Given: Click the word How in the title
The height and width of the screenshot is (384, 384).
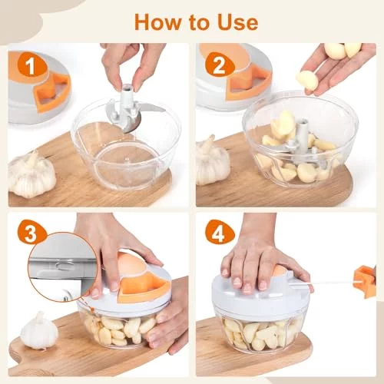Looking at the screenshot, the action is point(157,22).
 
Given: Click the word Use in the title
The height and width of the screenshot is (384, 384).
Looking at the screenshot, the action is point(238,22).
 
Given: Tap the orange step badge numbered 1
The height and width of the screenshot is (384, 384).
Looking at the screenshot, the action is point(31,66).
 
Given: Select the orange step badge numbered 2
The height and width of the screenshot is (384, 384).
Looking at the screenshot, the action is point(219,66).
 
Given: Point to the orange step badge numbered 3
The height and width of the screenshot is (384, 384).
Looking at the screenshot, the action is point(31,233).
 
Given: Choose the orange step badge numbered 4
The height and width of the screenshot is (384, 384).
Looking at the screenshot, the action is point(220,233).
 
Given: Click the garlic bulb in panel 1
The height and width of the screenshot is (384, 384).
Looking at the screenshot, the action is point(31,174).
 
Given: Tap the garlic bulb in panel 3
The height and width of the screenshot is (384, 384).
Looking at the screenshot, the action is point(39,330).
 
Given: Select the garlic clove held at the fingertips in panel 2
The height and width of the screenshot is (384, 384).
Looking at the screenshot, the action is point(308,80).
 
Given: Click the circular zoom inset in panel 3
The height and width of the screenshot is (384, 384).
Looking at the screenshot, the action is point(63,266).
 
